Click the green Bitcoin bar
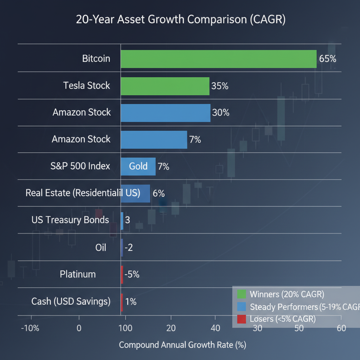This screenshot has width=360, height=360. [x=218, y=59]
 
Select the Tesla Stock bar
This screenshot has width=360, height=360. [x=165, y=86]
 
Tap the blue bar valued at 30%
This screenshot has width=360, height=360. [x=165, y=113]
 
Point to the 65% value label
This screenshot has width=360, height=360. [x=328, y=59]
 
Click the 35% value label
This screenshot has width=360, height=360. [x=220, y=86]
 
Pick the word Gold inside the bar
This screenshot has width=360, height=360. [x=138, y=166]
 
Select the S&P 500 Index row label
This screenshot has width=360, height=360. [x=81, y=166]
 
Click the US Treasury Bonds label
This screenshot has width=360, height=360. [x=70, y=220]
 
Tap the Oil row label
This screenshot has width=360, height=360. [x=101, y=247]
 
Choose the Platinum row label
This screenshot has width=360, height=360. [x=78, y=274]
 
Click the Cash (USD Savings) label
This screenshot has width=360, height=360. [x=71, y=301]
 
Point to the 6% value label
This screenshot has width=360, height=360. [x=159, y=193]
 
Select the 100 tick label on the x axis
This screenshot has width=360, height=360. [x=125, y=328]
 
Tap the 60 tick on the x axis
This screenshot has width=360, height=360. [x=341, y=328]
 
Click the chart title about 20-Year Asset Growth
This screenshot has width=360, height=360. [x=181, y=20]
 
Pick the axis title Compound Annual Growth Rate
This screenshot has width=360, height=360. [x=182, y=345]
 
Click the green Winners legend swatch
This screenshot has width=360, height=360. [x=242, y=294]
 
